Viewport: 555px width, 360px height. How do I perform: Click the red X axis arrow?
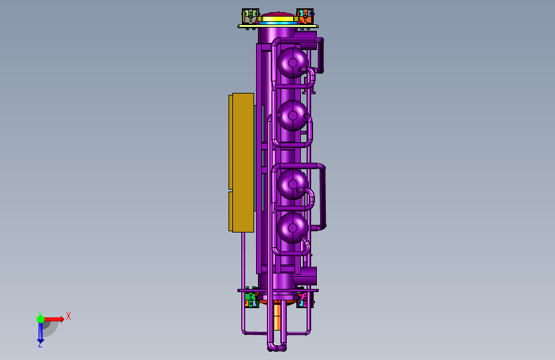[x=53, y=319]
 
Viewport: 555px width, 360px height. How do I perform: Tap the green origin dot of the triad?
[x=40, y=319]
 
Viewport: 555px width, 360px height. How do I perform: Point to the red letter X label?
[x=68, y=316]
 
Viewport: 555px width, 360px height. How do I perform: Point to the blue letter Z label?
[x=40, y=345]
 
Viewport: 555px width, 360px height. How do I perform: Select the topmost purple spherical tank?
[x=293, y=63]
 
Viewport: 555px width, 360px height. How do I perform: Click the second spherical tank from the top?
[x=293, y=115]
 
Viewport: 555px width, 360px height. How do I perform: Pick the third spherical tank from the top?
[x=293, y=184]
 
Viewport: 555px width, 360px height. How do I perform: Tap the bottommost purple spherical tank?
[x=293, y=228]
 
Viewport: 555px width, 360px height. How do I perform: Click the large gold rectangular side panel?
[x=241, y=163]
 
